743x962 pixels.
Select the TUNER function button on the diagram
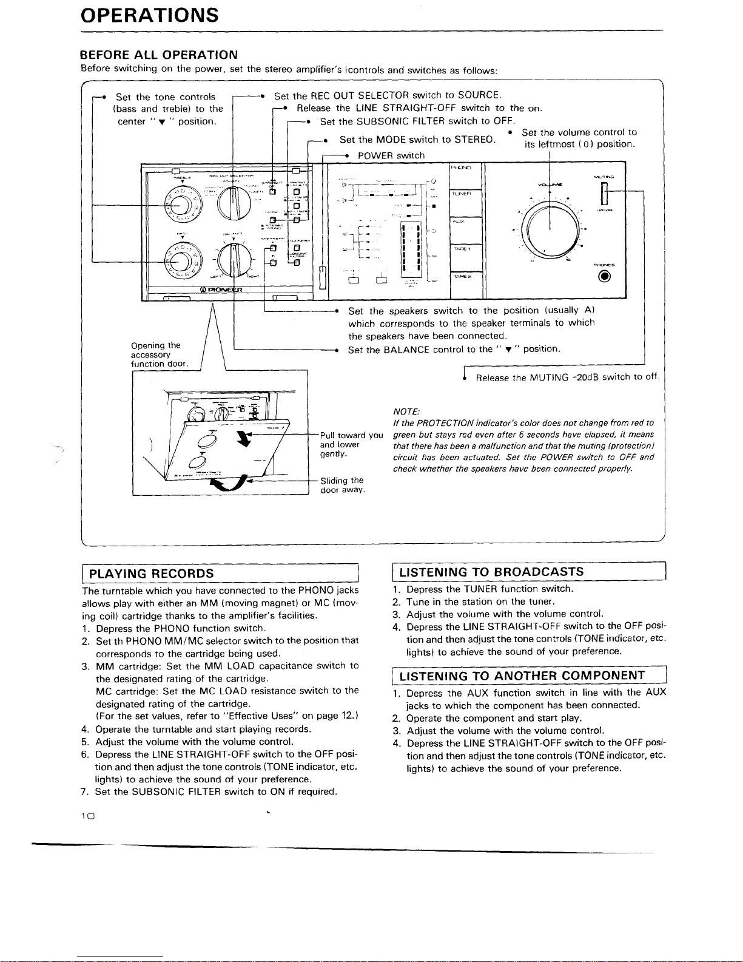pos(465,193)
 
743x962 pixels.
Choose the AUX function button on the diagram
pos(465,222)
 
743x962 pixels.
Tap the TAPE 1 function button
pos(465,249)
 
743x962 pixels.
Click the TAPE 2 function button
pos(465,277)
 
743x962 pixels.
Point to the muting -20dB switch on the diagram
pos(603,194)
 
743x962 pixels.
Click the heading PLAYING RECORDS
pos(152,573)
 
